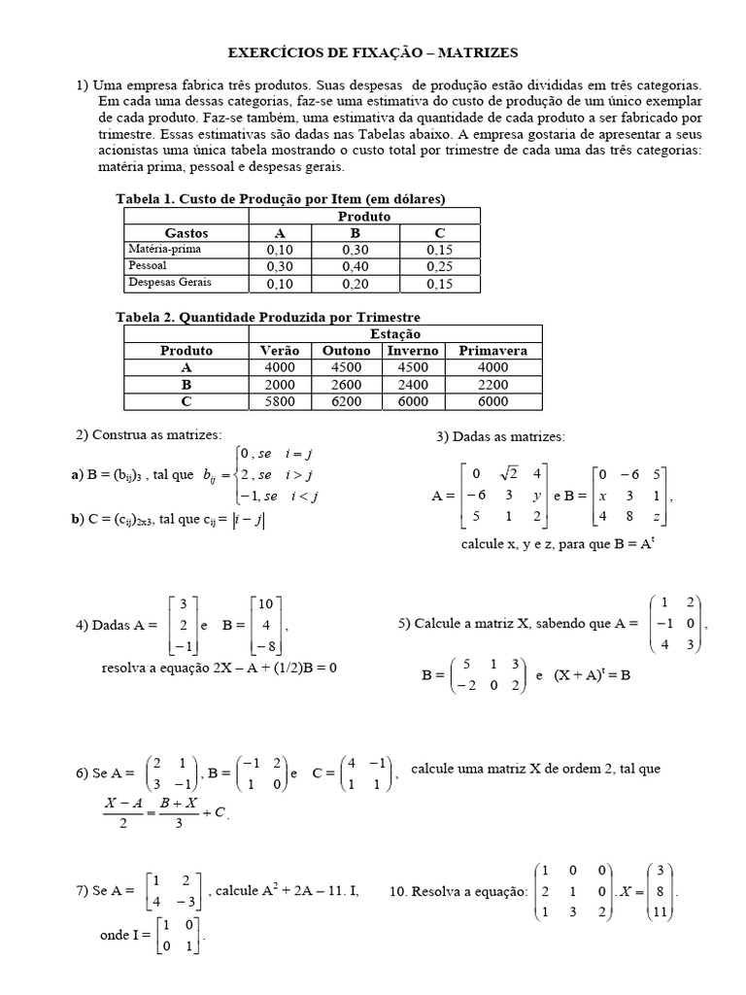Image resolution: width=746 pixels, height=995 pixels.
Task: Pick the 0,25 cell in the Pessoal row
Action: point(438,265)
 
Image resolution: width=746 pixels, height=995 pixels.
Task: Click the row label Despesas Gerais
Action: point(170,283)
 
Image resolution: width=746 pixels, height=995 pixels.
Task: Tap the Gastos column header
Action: point(186,233)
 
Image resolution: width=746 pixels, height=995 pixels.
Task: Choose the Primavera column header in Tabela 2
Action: point(492,350)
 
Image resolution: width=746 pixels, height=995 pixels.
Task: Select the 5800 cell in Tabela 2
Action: point(281,401)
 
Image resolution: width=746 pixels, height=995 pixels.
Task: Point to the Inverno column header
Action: point(412,350)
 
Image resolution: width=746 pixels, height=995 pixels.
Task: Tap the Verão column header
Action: point(281,350)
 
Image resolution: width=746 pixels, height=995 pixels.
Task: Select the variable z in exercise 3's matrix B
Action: point(658,516)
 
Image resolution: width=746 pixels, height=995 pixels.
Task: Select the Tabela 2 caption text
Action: point(268,318)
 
